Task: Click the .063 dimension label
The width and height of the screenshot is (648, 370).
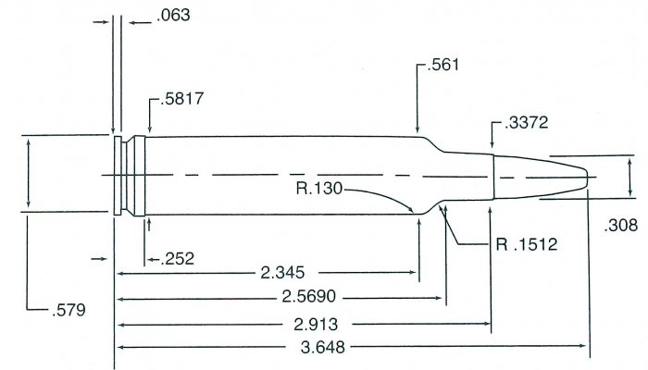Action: (151, 16)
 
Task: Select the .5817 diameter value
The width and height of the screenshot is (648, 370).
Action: (168, 105)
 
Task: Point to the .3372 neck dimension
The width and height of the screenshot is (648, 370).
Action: (521, 124)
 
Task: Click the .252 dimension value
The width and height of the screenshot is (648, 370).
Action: (168, 258)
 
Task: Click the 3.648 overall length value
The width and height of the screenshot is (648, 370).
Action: (347, 349)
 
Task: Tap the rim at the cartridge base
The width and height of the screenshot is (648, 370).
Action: (117, 175)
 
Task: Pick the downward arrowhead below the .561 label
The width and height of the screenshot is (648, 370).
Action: (418, 131)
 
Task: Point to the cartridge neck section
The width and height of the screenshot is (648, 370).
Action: (468, 175)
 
